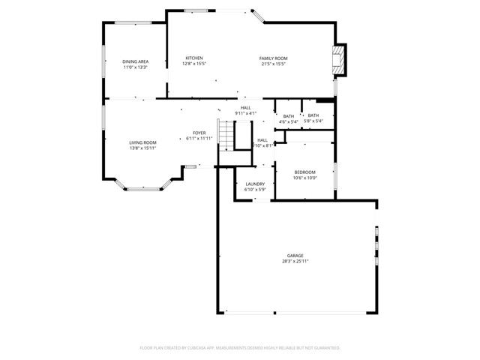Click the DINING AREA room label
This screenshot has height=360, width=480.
pyautogui.click(x=135, y=61)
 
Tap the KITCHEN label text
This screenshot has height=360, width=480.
pyautogui.click(x=194, y=58)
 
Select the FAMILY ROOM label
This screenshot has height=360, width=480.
pyautogui.click(x=274, y=58)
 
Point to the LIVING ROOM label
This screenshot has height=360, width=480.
pyautogui.click(x=142, y=142)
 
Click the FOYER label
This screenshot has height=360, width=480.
pyautogui.click(x=199, y=133)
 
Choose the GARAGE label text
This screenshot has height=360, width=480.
pyautogui.click(x=295, y=256)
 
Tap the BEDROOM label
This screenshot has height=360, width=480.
pyautogui.click(x=305, y=172)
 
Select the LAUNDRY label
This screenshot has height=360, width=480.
pyautogui.click(x=255, y=184)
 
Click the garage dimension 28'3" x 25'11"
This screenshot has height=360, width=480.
pyautogui.click(x=295, y=261)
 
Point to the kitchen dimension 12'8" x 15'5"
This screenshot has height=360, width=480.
pyautogui.click(x=194, y=64)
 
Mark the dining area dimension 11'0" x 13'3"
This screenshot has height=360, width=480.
pyautogui.click(x=135, y=67)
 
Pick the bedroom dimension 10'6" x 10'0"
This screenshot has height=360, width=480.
pyautogui.click(x=305, y=178)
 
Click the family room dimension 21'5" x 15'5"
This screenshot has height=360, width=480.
pyautogui.click(x=274, y=64)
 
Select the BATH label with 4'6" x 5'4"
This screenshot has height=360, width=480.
pyautogui.click(x=289, y=115)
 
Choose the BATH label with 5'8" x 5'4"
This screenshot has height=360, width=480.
pyautogui.click(x=313, y=115)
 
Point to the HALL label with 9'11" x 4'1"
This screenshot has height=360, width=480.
pyautogui.click(x=245, y=108)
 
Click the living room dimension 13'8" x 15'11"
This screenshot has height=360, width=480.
pyautogui.click(x=142, y=148)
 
